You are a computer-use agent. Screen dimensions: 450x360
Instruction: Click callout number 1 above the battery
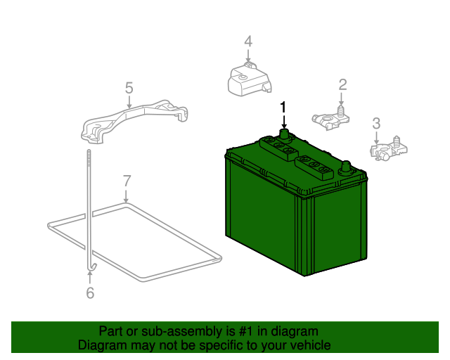pos(283,108)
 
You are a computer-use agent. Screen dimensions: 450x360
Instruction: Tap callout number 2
pos(342,84)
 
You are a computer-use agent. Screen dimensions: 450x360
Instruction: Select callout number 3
pos(376,124)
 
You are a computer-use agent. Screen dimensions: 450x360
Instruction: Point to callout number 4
pos(248,41)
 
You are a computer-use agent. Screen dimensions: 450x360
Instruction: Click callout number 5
pos(129,88)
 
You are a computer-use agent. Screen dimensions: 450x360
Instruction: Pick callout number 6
pos(90,292)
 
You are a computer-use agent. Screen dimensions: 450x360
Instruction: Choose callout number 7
pos(127,181)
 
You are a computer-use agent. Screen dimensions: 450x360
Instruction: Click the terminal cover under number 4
pos(249,79)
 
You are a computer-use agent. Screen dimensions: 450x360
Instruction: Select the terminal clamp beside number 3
pos(388,148)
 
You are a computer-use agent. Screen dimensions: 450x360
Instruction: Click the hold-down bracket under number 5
pos(134,120)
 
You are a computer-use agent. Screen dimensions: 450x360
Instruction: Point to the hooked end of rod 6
pos(93,267)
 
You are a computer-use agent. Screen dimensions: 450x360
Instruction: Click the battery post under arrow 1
pos(284,134)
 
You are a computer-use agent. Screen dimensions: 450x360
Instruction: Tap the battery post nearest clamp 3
pos(346,167)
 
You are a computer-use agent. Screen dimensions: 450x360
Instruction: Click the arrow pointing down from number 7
pos(126,195)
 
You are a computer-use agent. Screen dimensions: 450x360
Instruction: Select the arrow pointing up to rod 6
pos(90,278)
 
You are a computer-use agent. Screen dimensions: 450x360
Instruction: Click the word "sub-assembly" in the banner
pos(181,332)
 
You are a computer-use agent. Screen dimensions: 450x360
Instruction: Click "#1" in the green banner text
pos(246,332)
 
